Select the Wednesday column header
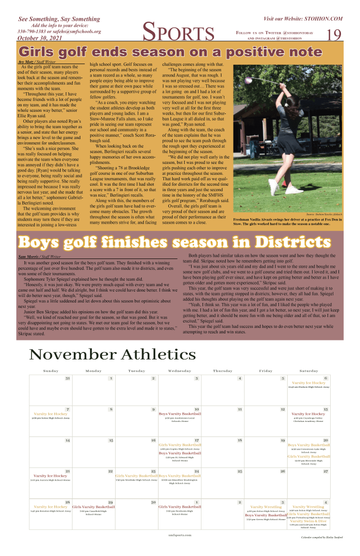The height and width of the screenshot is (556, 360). pyautogui.click(x=179, y=371)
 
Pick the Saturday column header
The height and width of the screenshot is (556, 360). pyautogui.click(x=308, y=371)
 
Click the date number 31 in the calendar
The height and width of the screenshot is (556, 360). pyautogui.click(x=67, y=378)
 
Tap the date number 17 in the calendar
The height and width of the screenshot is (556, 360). pyautogui.click(x=197, y=440)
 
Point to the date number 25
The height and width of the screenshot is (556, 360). pyautogui.click(x=240, y=471)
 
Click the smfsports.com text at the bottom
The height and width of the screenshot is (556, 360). pyautogui.click(x=179, y=535)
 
